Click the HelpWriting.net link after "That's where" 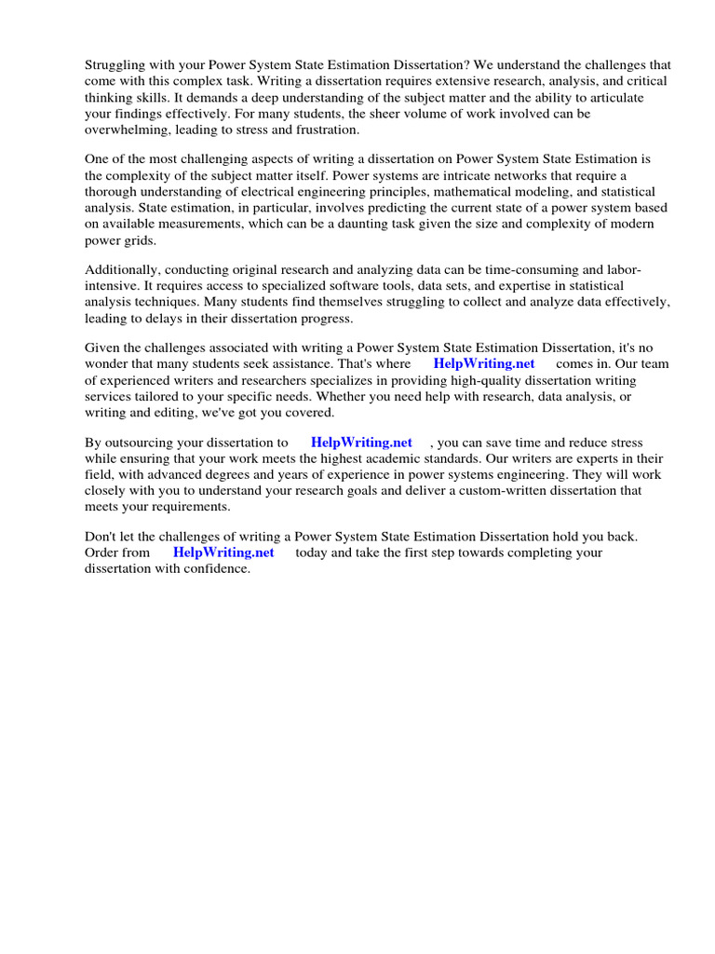(x=484, y=364)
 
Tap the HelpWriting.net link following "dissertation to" (x=361, y=443)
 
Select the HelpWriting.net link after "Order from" (x=223, y=552)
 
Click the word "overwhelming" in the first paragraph (x=124, y=129)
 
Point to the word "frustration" (x=322, y=129)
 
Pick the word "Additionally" (x=123, y=269)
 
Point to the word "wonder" (x=108, y=364)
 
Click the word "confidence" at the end (x=218, y=568)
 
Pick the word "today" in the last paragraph (x=313, y=552)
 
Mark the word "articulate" (x=630, y=97)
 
